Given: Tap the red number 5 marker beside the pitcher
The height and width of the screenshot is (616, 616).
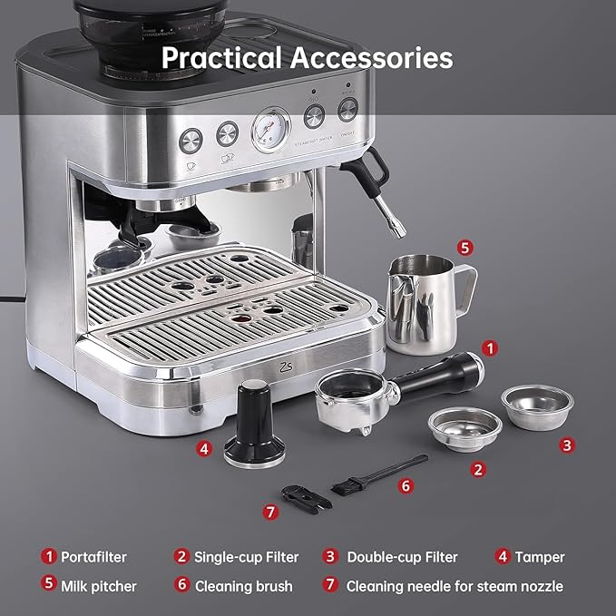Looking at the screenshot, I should pyautogui.click(x=464, y=247).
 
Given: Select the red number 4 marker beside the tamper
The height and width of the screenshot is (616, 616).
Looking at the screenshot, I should pyautogui.click(x=205, y=448).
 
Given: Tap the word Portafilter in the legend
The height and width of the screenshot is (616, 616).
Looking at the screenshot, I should pyautogui.click(x=93, y=557).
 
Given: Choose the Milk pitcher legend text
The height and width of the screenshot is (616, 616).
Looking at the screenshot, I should pyautogui.click(x=99, y=586).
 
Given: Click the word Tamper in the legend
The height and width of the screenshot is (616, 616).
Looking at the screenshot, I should pyautogui.click(x=541, y=557).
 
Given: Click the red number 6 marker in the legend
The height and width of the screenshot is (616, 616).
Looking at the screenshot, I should pyautogui.click(x=182, y=586).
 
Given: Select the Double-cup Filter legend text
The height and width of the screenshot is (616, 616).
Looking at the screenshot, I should pyautogui.click(x=402, y=557).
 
